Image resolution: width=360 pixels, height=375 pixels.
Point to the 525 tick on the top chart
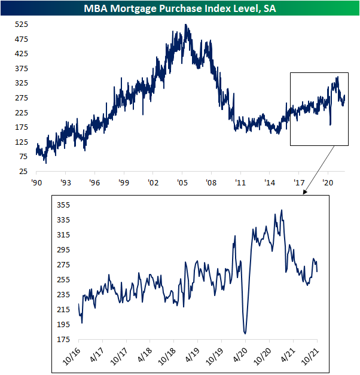[x=22, y=25]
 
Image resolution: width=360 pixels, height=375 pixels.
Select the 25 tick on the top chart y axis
[x=24, y=171]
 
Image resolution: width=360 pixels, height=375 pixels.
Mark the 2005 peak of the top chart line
[x=187, y=25]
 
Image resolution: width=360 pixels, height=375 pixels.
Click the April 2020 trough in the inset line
[x=245, y=333]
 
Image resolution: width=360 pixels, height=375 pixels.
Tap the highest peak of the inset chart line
[x=282, y=211]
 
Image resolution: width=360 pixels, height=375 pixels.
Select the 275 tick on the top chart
[x=22, y=98]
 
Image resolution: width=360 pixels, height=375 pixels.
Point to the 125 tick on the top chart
[x=22, y=142]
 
